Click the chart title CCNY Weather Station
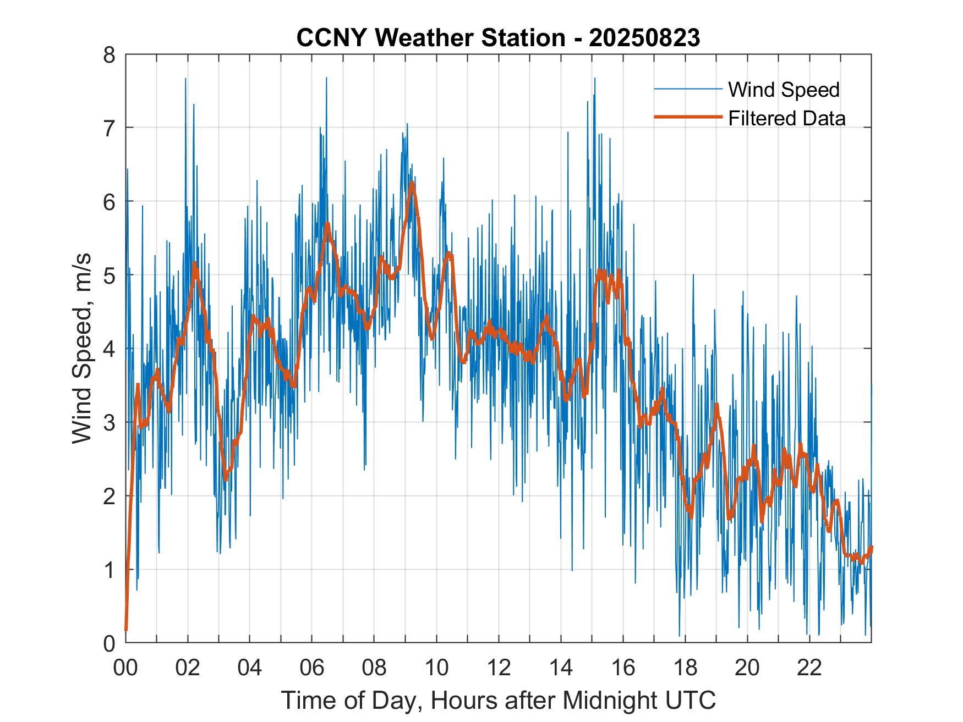pyautogui.click(x=498, y=38)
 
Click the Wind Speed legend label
pyautogui.click(x=784, y=90)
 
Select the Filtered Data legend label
pyautogui.click(x=787, y=118)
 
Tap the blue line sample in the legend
pyautogui.click(x=688, y=89)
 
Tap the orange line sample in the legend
pyautogui.click(x=688, y=117)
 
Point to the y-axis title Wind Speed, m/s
pyautogui.click(x=82, y=349)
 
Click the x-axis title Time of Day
pyautogui.click(x=498, y=701)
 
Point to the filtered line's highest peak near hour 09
pyautogui.click(x=412, y=183)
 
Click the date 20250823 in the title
pyautogui.click(x=644, y=38)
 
